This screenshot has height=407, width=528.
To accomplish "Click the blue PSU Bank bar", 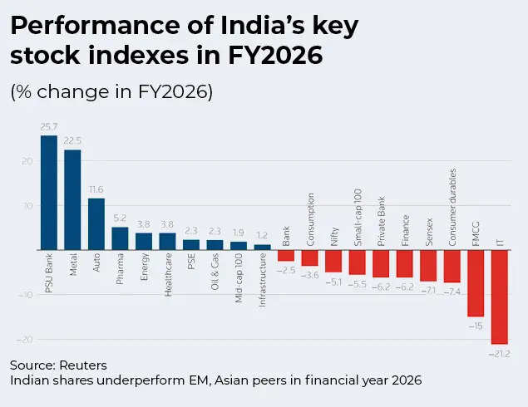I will tap(49, 193).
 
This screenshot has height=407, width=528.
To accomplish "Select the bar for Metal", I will tap(73, 199).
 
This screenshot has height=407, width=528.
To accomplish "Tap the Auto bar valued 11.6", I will tap(96, 223).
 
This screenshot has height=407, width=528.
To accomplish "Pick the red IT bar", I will tap(499, 297).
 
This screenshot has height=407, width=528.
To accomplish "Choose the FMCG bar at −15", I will tap(476, 282).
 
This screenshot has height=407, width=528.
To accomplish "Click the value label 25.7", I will tap(49, 127).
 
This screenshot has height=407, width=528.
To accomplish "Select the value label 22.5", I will tap(73, 141).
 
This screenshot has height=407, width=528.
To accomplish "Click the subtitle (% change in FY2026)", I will tap(112, 92).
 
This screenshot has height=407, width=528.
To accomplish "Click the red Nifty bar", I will tap(333, 261).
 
